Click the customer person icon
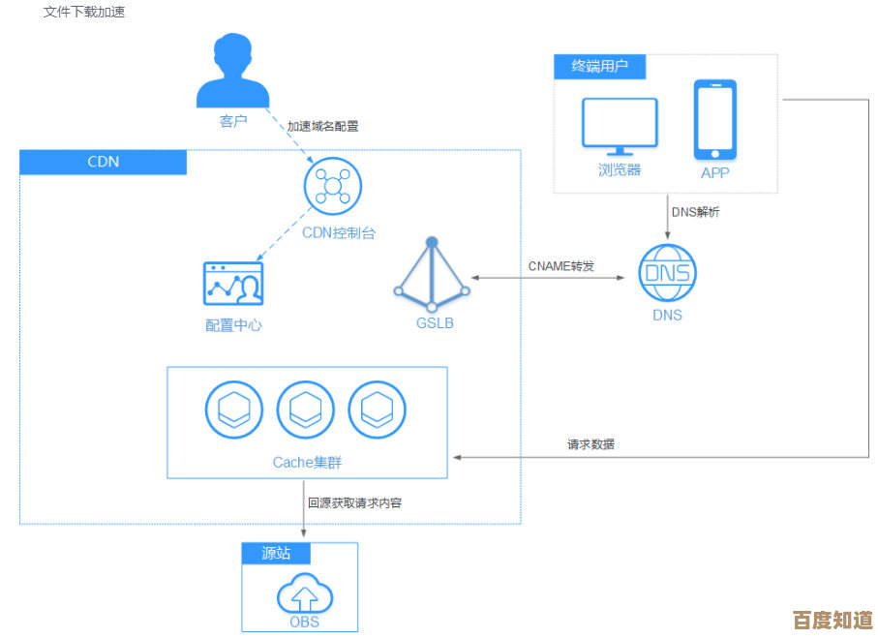pyautogui.click(x=233, y=73)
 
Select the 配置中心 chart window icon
pyautogui.click(x=233, y=284)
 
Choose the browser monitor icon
pyautogui.click(x=620, y=126)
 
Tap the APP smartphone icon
pyautogui.click(x=714, y=120)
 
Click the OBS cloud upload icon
pyautogui.click(x=304, y=593)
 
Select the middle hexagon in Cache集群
pyautogui.click(x=306, y=410)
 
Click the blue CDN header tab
pyautogui.click(x=103, y=162)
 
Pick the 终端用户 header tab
pyautogui.click(x=599, y=67)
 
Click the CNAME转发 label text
pyautogui.click(x=561, y=266)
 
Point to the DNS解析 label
pyautogui.click(x=695, y=211)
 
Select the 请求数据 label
pyautogui.click(x=590, y=444)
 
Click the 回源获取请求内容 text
pyautogui.click(x=354, y=502)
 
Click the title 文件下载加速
pyautogui.click(x=84, y=13)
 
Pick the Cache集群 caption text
pyautogui.click(x=307, y=463)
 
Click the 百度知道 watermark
pyautogui.click(x=833, y=621)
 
